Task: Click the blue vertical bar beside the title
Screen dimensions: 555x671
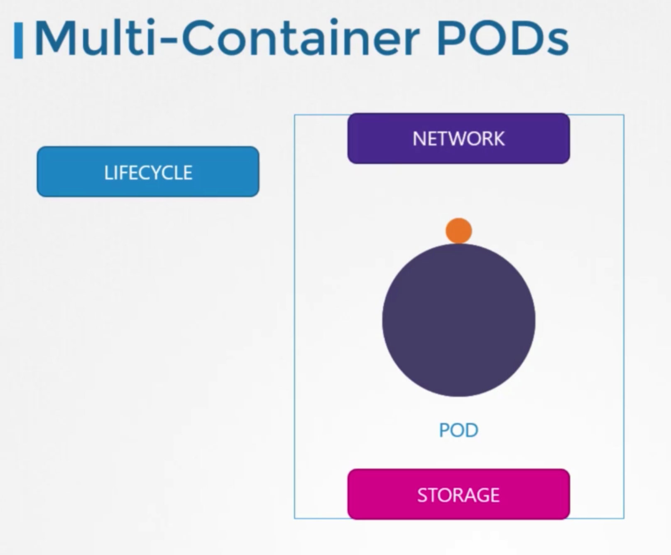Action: tap(18, 41)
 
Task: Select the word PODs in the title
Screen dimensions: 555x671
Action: tap(502, 38)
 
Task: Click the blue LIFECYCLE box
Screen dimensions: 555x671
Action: tap(148, 172)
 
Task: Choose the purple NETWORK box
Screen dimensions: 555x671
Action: tap(458, 138)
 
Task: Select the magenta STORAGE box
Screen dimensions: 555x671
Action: tap(458, 494)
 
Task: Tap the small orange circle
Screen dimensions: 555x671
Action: tap(459, 231)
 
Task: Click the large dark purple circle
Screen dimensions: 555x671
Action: tap(459, 320)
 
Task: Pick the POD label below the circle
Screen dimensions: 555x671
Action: tap(459, 430)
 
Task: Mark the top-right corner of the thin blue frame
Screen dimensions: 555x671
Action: tap(624, 115)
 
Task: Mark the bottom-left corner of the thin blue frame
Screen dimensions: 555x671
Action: tap(295, 518)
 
